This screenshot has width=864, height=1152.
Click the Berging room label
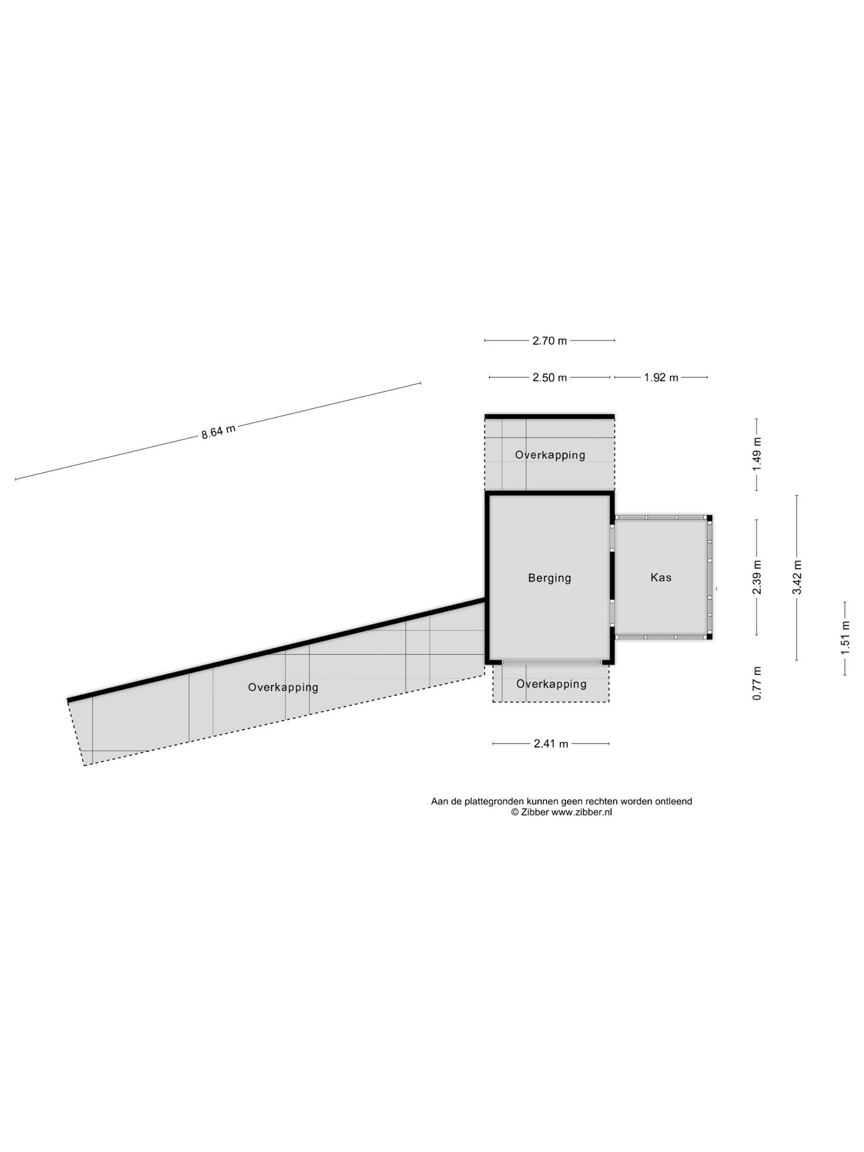tap(550, 578)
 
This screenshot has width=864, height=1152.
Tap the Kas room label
tap(661, 577)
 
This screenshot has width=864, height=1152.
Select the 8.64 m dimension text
tap(218, 432)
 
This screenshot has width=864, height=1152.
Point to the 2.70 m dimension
tap(550, 341)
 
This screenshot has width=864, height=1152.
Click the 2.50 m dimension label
tap(550, 377)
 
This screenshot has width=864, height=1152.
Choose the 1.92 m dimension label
tap(661, 377)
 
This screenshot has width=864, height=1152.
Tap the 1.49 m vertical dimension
tap(757, 454)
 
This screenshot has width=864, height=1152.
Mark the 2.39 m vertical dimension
tap(757, 577)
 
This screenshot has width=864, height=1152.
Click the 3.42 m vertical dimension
tap(797, 577)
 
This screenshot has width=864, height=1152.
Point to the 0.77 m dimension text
tap(757, 683)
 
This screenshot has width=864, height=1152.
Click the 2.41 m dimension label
tap(551, 744)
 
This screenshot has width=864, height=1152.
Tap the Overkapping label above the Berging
tap(550, 455)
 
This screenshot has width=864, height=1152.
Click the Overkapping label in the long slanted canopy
tap(283, 688)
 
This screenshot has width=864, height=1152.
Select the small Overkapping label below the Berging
tap(551, 684)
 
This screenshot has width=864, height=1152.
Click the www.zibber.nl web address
tap(581, 812)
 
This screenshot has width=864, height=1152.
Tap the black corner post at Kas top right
tap(709, 518)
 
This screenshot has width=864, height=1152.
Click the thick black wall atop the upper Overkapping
tap(550, 416)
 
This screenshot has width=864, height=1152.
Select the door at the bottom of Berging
tap(552, 662)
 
